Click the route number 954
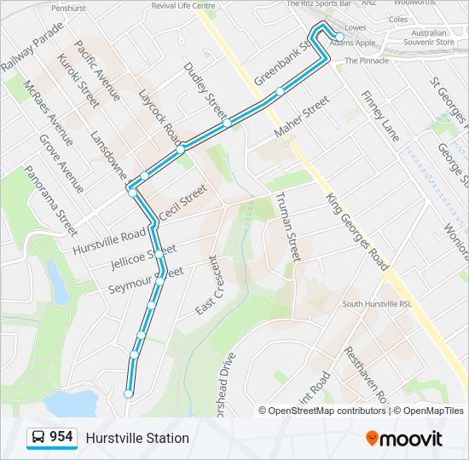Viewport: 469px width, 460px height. click(x=61, y=437)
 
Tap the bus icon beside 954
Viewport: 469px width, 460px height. click(x=38, y=438)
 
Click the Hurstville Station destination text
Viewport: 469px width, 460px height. click(x=136, y=438)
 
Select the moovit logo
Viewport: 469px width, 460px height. click(x=404, y=439)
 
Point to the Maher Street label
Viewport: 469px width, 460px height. click(x=301, y=117)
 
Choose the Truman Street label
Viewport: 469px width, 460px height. click(x=287, y=226)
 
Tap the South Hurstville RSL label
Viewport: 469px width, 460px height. click(x=377, y=304)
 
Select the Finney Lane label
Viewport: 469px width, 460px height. click(x=379, y=116)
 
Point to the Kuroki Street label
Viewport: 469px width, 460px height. click(x=78, y=81)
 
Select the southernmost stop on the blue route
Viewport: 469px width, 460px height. click(x=128, y=394)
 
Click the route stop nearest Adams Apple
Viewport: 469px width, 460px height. click(x=339, y=37)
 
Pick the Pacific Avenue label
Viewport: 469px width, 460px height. click(x=97, y=70)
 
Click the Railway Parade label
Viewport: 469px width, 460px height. click(x=32, y=48)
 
